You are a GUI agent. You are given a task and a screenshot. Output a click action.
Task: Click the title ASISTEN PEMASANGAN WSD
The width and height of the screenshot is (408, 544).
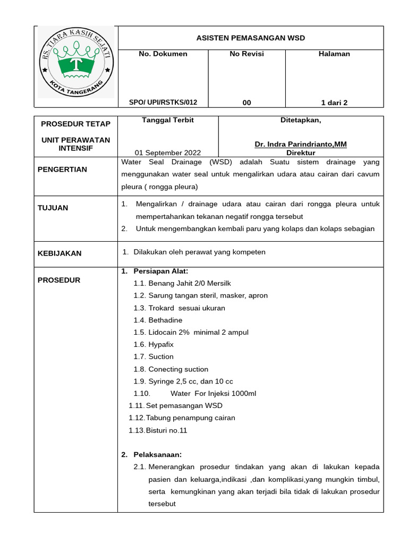[250, 38]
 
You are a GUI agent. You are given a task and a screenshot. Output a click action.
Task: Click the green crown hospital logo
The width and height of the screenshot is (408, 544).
[76, 63]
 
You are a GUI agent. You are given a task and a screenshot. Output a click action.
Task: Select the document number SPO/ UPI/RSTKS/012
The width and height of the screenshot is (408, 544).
[163, 103]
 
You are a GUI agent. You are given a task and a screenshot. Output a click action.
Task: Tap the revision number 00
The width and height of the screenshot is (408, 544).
[246, 103]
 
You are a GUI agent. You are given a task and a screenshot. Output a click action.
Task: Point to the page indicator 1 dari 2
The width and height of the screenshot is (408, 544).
[334, 103]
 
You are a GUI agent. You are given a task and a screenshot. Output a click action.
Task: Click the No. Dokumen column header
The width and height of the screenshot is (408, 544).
[163, 54]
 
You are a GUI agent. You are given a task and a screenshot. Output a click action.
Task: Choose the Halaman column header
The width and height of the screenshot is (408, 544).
[334, 54]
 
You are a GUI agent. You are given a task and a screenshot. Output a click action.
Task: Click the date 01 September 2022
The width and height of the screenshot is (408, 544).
[168, 152]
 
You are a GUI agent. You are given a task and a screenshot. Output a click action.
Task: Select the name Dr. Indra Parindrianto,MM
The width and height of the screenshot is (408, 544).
[301, 144]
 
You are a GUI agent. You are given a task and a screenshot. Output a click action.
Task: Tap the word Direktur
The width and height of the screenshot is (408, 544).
[301, 153]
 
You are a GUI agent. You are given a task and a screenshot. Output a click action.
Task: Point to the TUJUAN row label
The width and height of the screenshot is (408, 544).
[53, 208]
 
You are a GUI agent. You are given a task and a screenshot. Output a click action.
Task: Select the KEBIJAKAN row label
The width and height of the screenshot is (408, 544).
[59, 253]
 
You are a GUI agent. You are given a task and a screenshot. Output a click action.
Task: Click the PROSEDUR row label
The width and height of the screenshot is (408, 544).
[59, 280]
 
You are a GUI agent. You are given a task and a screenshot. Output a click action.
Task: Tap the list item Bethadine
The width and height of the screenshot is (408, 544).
[165, 320]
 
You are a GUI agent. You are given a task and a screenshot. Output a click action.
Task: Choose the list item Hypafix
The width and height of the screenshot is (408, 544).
[161, 344]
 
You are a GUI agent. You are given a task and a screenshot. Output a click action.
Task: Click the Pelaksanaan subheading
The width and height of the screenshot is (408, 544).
[158, 455]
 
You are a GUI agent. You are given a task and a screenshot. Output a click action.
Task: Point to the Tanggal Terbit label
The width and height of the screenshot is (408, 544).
[168, 120]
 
